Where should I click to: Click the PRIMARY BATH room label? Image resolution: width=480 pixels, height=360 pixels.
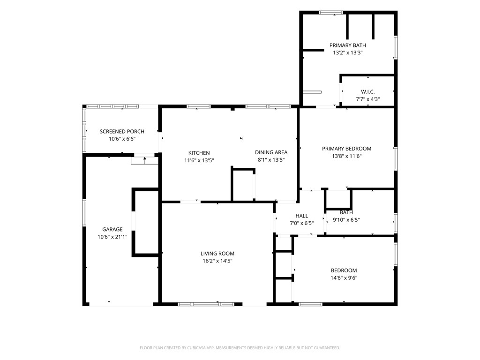pos(347,45)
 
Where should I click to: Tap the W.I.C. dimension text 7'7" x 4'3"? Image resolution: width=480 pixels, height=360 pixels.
pos(367,99)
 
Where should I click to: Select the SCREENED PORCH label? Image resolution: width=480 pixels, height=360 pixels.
pos(122,132)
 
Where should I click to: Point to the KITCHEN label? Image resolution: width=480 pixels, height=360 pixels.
pos(199,153)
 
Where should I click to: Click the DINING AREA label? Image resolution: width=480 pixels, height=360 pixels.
pos(271,152)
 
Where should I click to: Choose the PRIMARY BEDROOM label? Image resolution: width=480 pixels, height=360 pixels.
pos(346,149)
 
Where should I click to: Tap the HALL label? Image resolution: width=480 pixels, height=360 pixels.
pos(302,216)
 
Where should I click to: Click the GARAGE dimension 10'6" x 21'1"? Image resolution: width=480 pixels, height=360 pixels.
pos(112,237)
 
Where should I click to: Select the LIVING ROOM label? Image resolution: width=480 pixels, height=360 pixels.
pos(217,254)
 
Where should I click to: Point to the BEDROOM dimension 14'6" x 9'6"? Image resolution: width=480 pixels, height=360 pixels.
pos(344,278)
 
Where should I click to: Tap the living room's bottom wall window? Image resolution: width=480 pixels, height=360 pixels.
pos(206,304)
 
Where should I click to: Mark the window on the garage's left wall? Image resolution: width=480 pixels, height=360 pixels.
pos(84,213)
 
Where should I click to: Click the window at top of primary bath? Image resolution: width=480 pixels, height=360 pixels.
pos(331,13)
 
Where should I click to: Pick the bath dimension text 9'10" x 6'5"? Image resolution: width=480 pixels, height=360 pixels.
pos(346,220)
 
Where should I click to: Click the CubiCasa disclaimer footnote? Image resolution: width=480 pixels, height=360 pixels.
pos(240,348)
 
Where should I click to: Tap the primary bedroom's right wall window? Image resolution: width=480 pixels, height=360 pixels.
pos(396,158)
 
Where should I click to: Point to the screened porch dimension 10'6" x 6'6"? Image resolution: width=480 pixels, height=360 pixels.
pos(122,139)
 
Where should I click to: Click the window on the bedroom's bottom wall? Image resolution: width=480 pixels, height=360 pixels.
pos(310,304)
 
